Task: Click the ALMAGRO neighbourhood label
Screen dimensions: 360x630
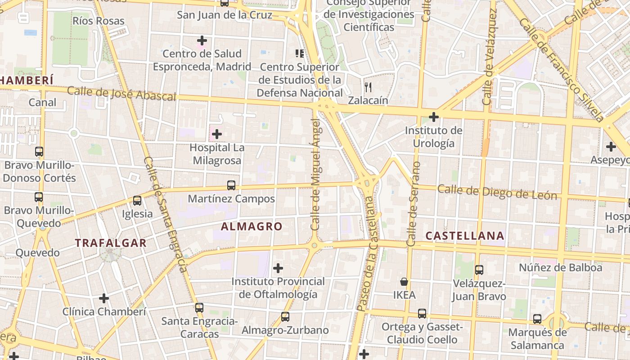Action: click(x=252, y=226)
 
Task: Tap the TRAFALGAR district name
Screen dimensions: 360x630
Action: click(x=111, y=243)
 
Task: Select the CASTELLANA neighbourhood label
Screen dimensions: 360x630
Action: click(x=465, y=236)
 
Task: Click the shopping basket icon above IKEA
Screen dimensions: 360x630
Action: click(x=404, y=282)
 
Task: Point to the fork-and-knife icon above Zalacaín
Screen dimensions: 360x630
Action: click(x=368, y=87)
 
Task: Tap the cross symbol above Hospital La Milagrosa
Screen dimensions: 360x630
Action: click(x=217, y=134)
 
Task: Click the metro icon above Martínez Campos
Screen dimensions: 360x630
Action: click(x=231, y=185)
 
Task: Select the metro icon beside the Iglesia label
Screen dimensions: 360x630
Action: click(x=137, y=201)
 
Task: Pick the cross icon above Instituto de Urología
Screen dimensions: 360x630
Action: click(x=434, y=117)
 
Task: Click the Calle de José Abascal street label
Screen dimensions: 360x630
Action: click(x=121, y=94)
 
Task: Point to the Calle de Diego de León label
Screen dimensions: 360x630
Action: click(x=497, y=192)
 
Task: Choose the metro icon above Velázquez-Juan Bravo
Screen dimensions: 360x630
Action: click(x=479, y=270)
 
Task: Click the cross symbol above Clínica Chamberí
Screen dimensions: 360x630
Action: click(x=104, y=298)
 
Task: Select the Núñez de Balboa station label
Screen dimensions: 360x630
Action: click(x=560, y=268)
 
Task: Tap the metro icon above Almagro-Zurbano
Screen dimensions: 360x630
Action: click(x=285, y=317)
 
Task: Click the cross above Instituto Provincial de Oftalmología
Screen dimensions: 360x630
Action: click(x=278, y=269)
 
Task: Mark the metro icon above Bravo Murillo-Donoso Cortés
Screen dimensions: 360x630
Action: click(x=39, y=152)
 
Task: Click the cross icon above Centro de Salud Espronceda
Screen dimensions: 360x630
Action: click(x=202, y=40)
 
